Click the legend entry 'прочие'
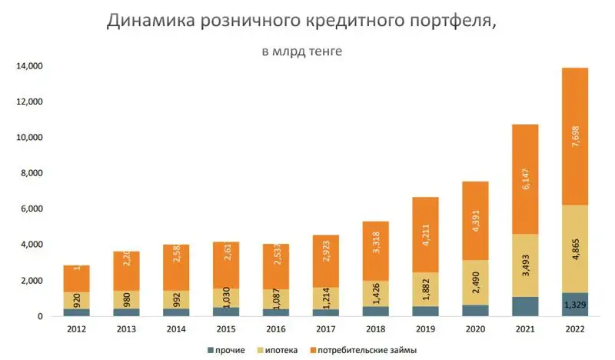pos(230,350)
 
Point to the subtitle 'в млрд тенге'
pos(302,52)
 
